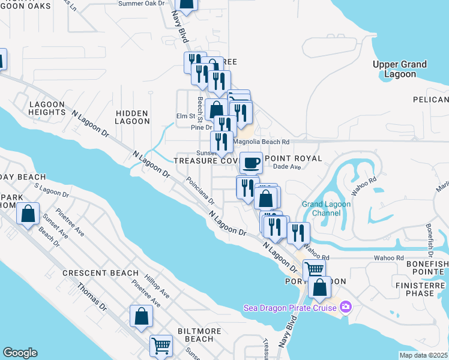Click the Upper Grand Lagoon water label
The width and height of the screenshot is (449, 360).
(399, 69)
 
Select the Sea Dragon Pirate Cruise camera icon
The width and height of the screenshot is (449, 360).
(345, 307)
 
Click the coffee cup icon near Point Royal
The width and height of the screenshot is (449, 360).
(251, 162)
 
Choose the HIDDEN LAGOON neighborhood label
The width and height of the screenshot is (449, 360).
(133, 116)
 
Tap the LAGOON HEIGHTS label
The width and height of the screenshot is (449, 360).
(46, 108)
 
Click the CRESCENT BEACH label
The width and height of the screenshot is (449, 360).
(100, 273)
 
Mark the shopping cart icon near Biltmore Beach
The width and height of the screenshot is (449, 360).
(160, 346)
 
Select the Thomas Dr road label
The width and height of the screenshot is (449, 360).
(91, 298)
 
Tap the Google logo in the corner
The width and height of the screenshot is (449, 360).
(20, 353)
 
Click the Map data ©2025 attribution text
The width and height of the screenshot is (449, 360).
(423, 355)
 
